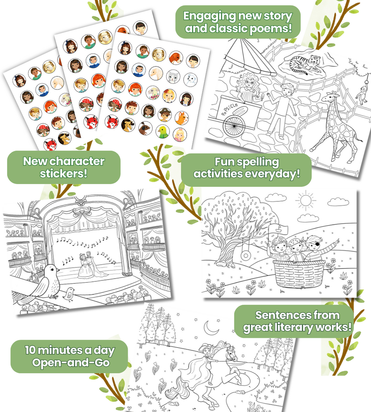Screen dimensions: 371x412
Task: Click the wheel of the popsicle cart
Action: click(234, 126)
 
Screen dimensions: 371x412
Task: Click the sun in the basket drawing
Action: click(305, 201)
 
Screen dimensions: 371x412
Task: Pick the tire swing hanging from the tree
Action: click(246, 255)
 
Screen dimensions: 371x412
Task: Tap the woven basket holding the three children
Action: click(299, 276)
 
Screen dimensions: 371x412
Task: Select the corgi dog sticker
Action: click(182, 118)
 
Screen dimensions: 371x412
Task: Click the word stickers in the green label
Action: click(64, 174)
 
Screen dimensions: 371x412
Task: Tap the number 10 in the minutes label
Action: click(30, 350)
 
